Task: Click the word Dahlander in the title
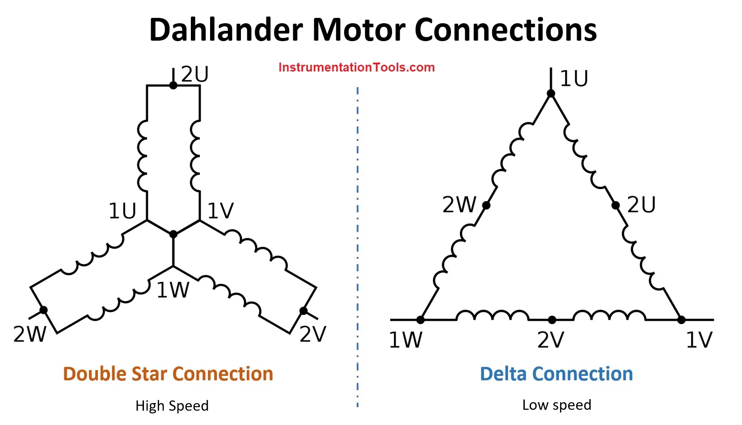point(226,30)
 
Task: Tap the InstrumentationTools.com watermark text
point(356,67)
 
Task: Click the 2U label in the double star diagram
point(195,74)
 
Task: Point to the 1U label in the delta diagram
point(574,79)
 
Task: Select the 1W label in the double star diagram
point(173,290)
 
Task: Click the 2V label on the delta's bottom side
point(551,340)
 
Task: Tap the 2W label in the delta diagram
point(460,205)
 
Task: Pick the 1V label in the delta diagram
point(699,340)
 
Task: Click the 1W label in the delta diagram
point(405,340)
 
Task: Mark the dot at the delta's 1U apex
point(551,93)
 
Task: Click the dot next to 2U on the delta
point(616,205)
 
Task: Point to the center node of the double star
point(173,234)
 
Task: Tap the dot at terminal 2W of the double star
point(43,310)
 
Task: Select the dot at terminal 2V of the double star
point(304,311)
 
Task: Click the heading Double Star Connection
point(168,374)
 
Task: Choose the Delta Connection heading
point(556,374)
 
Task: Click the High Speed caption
point(172,406)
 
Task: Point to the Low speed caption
point(556,405)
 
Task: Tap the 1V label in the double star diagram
point(221,210)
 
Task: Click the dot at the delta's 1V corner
point(681,320)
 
